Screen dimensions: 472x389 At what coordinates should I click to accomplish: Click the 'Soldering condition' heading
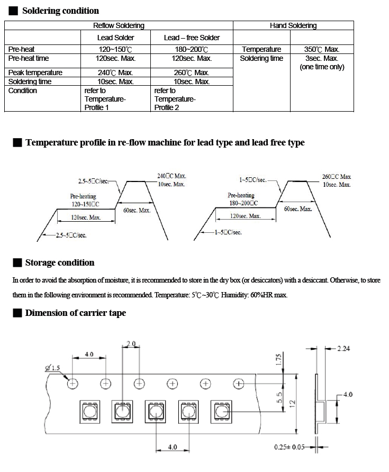(x=61, y=11)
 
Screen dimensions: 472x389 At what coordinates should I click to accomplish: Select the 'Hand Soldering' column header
(x=293, y=25)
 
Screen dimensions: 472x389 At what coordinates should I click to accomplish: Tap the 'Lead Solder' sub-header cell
(x=115, y=38)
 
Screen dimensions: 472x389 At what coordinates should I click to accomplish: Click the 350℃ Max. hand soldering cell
(x=322, y=49)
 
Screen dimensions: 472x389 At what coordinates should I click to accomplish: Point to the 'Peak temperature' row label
(x=35, y=72)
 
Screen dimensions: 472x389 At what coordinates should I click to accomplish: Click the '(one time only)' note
(x=322, y=67)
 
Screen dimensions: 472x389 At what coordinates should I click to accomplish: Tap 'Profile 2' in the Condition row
(x=167, y=107)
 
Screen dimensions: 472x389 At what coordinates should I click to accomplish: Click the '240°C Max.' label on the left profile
(x=171, y=176)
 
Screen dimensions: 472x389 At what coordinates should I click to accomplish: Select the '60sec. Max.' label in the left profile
(x=137, y=211)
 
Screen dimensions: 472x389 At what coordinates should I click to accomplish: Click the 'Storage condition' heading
(x=59, y=263)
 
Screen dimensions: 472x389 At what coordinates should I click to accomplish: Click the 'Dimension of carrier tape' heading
(x=75, y=313)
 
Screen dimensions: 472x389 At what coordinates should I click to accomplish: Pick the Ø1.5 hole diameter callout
(x=53, y=368)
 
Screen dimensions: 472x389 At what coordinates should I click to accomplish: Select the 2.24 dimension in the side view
(x=343, y=349)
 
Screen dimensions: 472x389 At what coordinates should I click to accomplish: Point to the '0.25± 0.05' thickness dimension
(x=289, y=447)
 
